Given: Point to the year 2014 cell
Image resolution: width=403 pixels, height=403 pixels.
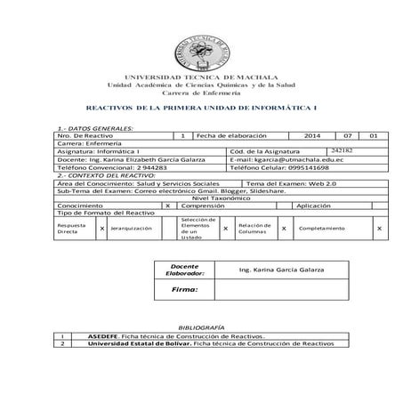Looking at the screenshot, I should click(310, 134).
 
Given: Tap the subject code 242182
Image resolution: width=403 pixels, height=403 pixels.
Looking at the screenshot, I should click(342, 150).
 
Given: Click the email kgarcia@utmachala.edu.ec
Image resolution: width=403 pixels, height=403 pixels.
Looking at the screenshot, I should click(300, 158).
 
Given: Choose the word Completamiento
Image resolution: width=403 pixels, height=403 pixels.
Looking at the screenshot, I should click(321, 229).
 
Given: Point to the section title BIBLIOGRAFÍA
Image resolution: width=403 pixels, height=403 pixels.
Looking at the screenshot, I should click(199, 327).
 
